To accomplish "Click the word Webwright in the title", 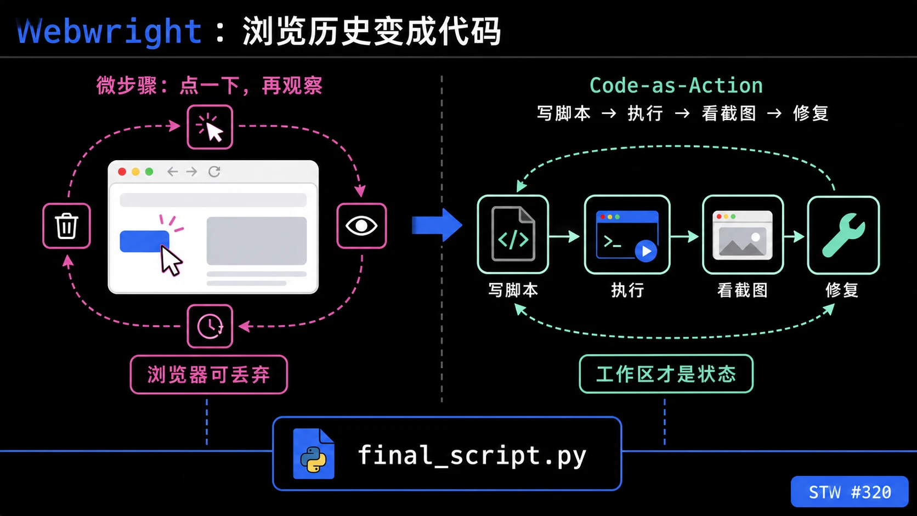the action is pyautogui.click(x=109, y=31).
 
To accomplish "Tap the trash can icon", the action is pyautogui.click(x=67, y=225).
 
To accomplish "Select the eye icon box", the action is pyautogui.click(x=361, y=226).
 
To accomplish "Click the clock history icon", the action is pyautogui.click(x=210, y=326).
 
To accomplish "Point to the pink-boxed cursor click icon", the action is pyautogui.click(x=210, y=127).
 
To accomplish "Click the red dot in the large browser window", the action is pyautogui.click(x=122, y=172).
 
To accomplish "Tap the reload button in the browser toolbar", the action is pyautogui.click(x=214, y=172).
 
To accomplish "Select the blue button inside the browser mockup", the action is pyautogui.click(x=144, y=241).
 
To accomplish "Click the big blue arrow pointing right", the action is pyautogui.click(x=437, y=225).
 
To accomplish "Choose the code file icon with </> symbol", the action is pyautogui.click(x=513, y=234).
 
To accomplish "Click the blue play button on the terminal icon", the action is pyautogui.click(x=646, y=251).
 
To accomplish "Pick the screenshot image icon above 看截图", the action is pyautogui.click(x=743, y=235).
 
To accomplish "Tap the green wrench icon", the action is pyautogui.click(x=844, y=235).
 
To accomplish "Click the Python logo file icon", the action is pyautogui.click(x=314, y=453).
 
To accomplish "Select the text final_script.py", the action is pyautogui.click(x=472, y=456).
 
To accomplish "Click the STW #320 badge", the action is pyautogui.click(x=850, y=491).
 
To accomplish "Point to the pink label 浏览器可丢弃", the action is pyautogui.click(x=209, y=375).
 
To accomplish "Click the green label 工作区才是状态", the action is pyautogui.click(x=666, y=374).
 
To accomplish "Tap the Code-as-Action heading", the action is pyautogui.click(x=676, y=86).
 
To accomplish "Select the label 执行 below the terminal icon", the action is pyautogui.click(x=627, y=290).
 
